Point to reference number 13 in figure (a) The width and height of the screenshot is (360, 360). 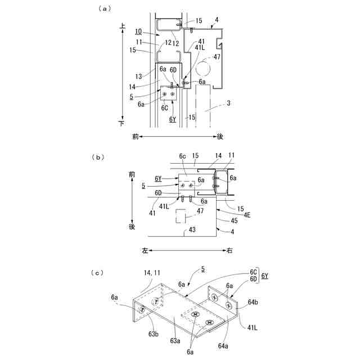pyautogui.click(x=138, y=76)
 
